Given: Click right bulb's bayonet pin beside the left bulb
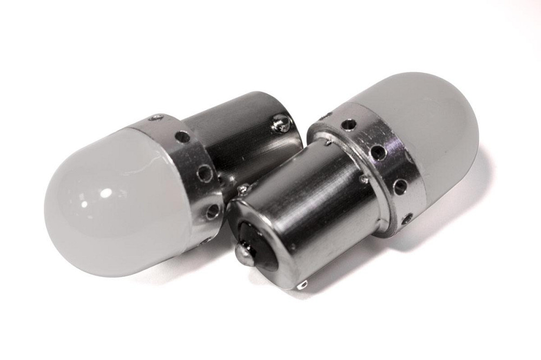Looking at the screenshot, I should coord(243,190).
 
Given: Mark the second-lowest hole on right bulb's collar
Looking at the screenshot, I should coord(401,186).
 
